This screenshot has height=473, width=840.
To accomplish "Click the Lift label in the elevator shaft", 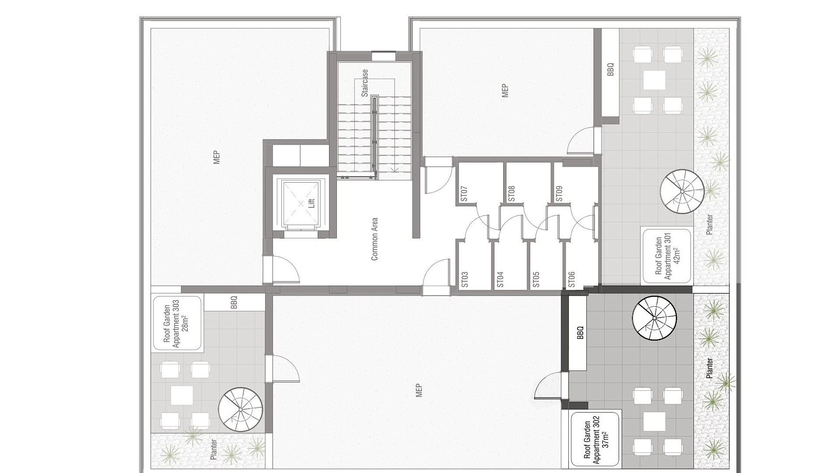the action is point(311,203).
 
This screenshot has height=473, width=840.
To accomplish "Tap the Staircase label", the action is point(364,83).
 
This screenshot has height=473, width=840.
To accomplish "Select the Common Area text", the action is point(374,239).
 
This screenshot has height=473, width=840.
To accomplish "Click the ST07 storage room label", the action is point(464,194).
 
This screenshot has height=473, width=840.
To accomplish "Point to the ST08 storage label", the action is point(511,194).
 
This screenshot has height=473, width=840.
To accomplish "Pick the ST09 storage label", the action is point(559,194).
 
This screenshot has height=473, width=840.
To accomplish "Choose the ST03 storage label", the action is point(465,279).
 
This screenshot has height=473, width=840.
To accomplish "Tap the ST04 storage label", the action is point(500,279).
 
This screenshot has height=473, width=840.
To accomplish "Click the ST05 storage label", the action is point(536,279).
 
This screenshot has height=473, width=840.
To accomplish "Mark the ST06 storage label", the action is point(571,279).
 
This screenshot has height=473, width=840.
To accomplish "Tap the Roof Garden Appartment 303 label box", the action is point(177,324).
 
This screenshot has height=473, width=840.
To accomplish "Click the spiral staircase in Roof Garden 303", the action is point(241,409).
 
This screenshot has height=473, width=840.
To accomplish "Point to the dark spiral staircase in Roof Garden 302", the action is point(654,318).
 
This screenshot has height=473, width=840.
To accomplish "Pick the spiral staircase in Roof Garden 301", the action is point(682,192).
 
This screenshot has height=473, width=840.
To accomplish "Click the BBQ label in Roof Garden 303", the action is point(234,303).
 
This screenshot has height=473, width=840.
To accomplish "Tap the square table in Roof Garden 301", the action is point(654,80).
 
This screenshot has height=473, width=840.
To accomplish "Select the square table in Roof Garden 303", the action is point(182,395).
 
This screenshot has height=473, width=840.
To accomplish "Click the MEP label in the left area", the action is point(216,158).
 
